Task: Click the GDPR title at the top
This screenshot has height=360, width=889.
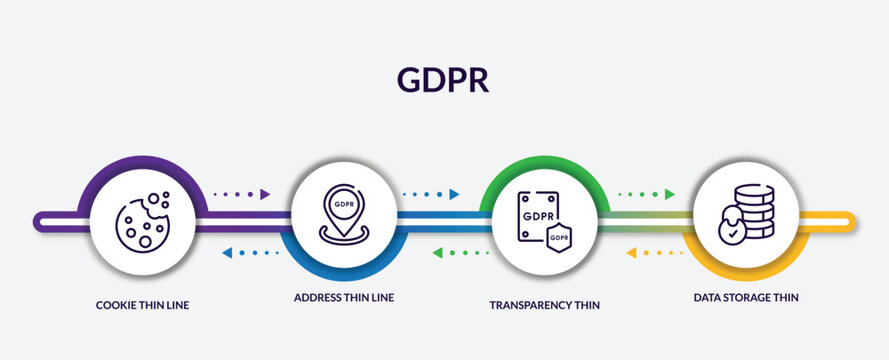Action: pos(443,79)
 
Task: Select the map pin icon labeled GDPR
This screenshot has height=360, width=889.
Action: pos(343,213)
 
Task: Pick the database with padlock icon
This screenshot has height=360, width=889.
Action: pos(749,213)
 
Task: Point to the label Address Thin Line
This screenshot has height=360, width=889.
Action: pos(337,297)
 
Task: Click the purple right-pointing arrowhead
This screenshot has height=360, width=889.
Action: pos(264,194)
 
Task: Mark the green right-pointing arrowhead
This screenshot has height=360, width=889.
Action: pos(669,194)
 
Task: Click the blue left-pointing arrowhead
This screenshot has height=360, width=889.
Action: pos(227,253)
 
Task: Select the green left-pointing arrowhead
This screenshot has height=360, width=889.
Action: pos(438,253)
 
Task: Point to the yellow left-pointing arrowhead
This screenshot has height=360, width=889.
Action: pos(632,253)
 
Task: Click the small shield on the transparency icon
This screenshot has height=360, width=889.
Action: pos(559,236)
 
